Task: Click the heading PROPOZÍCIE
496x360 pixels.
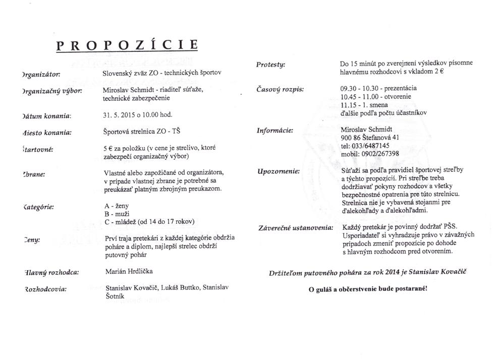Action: (127, 45)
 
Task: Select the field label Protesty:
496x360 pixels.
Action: (270, 65)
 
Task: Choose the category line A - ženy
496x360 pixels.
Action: (115, 206)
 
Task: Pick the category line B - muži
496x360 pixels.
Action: (115, 213)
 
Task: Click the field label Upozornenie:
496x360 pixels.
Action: (279, 171)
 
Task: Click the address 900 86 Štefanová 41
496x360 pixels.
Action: (370, 138)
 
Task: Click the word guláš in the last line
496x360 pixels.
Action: (326, 290)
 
